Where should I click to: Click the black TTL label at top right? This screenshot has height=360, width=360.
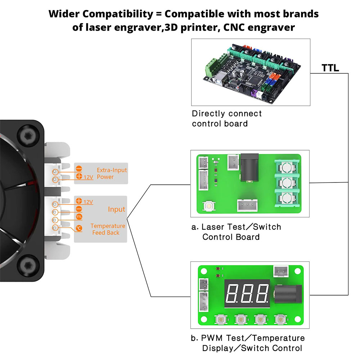tap(330, 68)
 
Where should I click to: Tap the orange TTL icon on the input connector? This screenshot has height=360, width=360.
tap(79, 217)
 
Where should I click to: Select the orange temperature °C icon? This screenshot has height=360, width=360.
tap(79, 228)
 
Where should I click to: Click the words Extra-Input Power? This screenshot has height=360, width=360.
tap(112, 174)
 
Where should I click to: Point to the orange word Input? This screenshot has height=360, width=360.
tap(116, 209)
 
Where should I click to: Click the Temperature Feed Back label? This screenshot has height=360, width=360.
tap(108, 229)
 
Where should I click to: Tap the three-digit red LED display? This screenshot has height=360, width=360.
tap(248, 293)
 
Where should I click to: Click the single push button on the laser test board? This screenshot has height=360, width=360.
tap(208, 206)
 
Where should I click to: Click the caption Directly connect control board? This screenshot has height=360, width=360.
tap(227, 119)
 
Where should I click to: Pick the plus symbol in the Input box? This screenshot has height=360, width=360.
tap(79, 202)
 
